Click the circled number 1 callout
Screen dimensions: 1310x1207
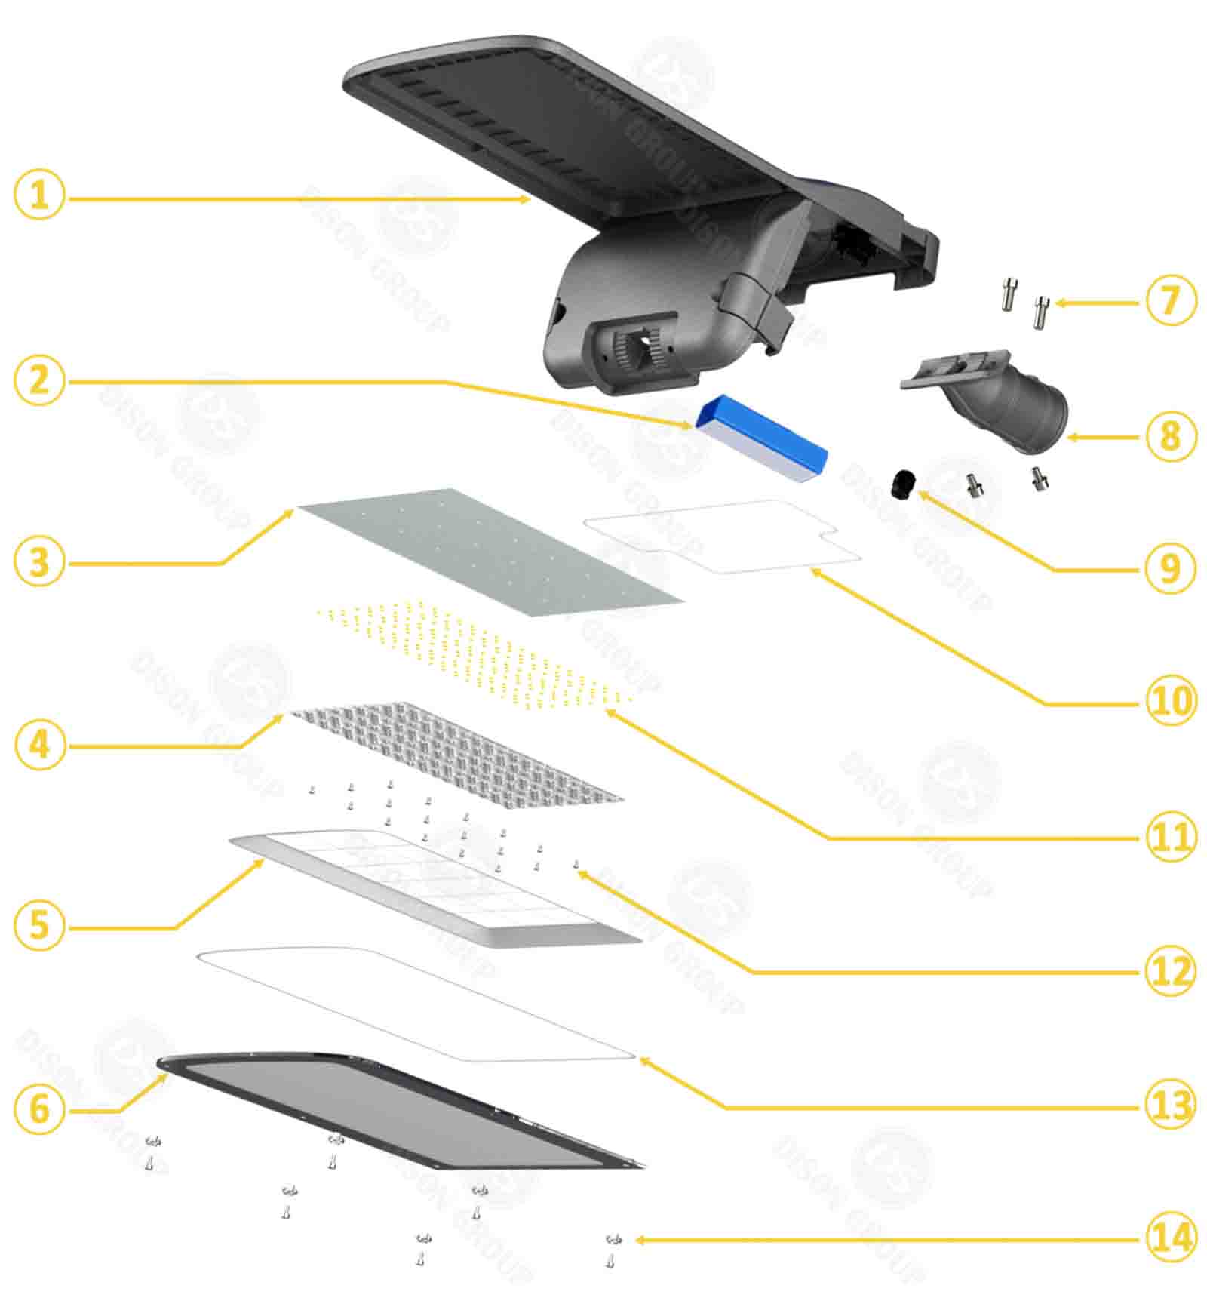click(39, 195)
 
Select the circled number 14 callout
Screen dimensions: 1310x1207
click(1171, 1238)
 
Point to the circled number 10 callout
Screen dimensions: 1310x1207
click(1171, 700)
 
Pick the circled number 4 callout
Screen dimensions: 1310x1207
click(39, 745)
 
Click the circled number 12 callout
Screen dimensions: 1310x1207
click(1171, 970)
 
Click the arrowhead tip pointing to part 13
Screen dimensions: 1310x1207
click(640, 1059)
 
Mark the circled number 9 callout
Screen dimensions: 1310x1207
click(1171, 567)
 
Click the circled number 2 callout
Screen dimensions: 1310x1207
click(39, 380)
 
